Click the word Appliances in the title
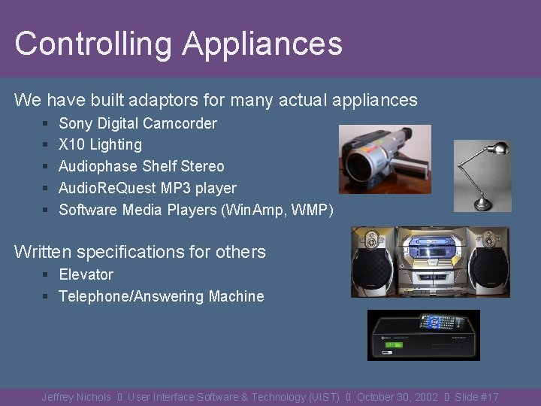[262, 44]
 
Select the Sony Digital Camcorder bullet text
[138, 123]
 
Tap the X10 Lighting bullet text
[100, 144]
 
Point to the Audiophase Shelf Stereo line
[141, 166]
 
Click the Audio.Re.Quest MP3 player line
[147, 188]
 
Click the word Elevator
[86, 274]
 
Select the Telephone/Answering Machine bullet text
[162, 296]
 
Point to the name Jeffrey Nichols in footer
[76, 397]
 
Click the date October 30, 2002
[397, 397]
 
